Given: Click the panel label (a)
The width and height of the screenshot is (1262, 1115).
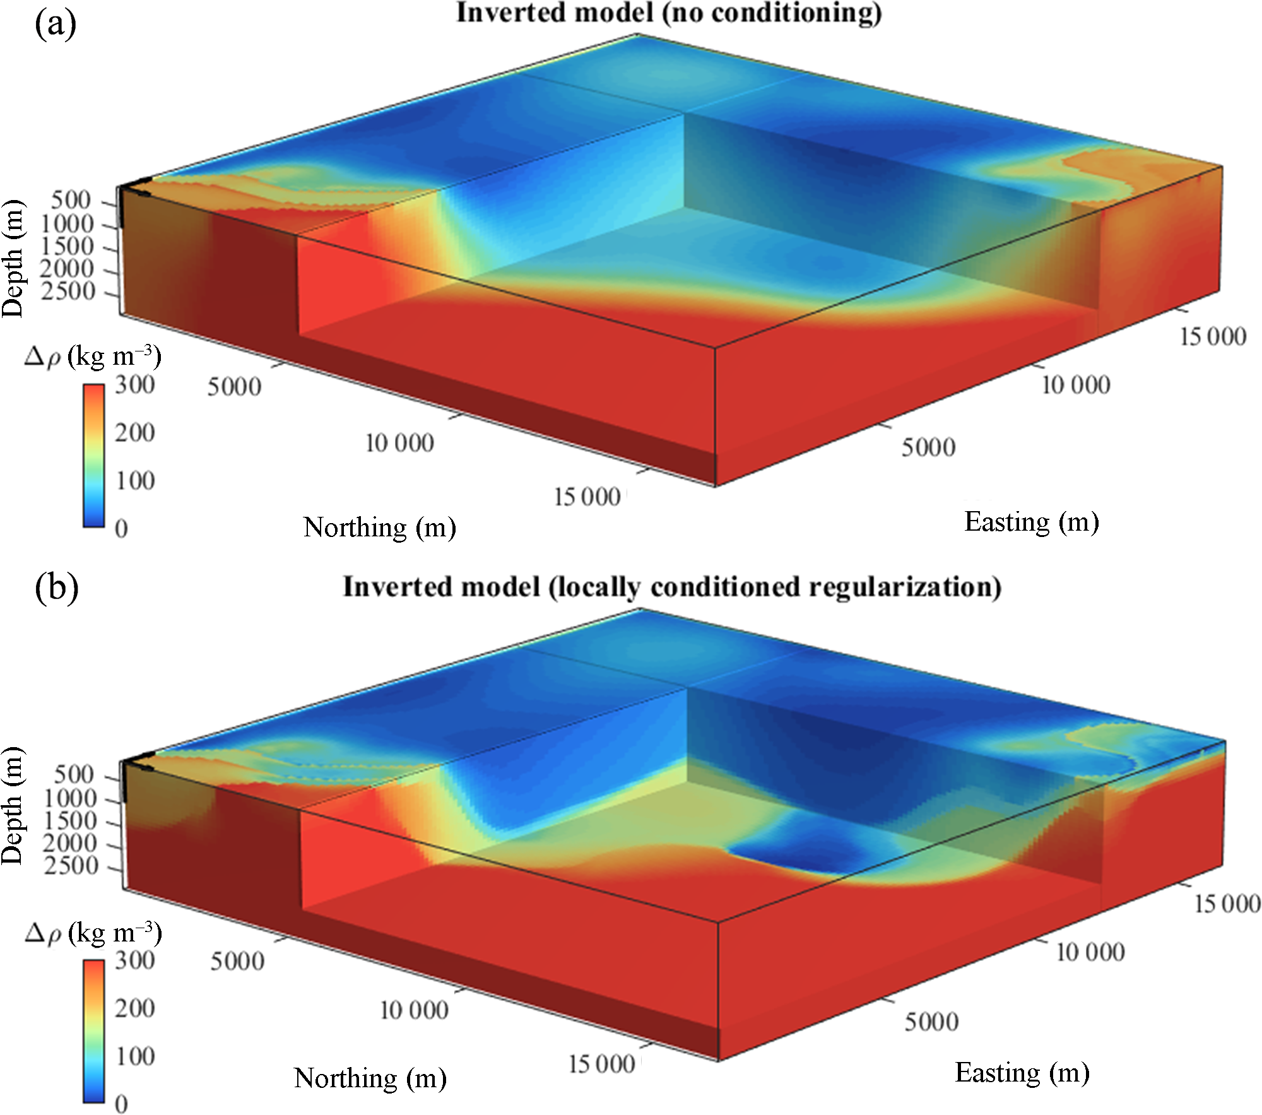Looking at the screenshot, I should tap(56, 24).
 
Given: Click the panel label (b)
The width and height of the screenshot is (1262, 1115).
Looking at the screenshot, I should tap(57, 587).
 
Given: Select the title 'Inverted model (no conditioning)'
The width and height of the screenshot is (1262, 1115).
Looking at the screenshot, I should tap(669, 13).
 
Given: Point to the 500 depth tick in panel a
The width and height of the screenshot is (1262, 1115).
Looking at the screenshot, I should tap(71, 200).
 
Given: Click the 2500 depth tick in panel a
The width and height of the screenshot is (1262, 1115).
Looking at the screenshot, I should tap(68, 291).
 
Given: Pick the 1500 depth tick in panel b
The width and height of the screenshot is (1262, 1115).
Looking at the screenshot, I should tap(69, 821).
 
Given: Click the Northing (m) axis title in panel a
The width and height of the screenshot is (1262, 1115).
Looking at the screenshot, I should tap(379, 527).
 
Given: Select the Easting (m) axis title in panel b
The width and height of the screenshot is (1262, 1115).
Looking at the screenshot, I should tap(1022, 1073).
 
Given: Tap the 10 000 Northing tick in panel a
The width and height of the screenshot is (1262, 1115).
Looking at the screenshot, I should tap(399, 443).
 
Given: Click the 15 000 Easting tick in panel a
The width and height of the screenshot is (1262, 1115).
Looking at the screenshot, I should tap(1213, 336).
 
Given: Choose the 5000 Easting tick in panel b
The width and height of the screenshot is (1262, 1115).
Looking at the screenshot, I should tap(931, 1022).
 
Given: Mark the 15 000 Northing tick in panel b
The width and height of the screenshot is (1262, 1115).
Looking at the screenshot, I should tap(601, 1064).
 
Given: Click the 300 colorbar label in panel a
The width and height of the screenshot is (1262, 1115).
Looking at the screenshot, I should tap(134, 385).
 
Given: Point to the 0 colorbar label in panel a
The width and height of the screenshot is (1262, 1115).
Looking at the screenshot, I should tap(121, 529).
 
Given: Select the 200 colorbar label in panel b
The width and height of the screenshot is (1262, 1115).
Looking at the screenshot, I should tap(134, 1008).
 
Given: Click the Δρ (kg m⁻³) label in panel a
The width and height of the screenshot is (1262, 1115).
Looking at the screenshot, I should tap(93, 357).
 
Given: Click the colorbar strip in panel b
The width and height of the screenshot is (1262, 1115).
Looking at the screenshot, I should tap(93, 1031).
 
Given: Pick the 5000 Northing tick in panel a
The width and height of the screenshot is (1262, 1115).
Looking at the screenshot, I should tap(234, 387).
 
